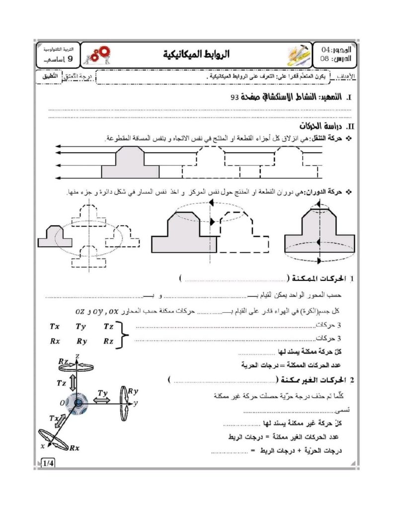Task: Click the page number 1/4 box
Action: click(49, 464)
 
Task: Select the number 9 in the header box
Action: click(70, 59)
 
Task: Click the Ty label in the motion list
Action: click(81, 327)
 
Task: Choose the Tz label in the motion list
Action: click(108, 327)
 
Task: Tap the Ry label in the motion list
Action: click(81, 341)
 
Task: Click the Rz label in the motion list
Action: click(108, 341)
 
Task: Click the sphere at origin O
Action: click(78, 403)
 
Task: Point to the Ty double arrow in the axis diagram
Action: click(102, 400)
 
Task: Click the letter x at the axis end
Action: click(42, 446)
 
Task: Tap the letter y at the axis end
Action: click(135, 403)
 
